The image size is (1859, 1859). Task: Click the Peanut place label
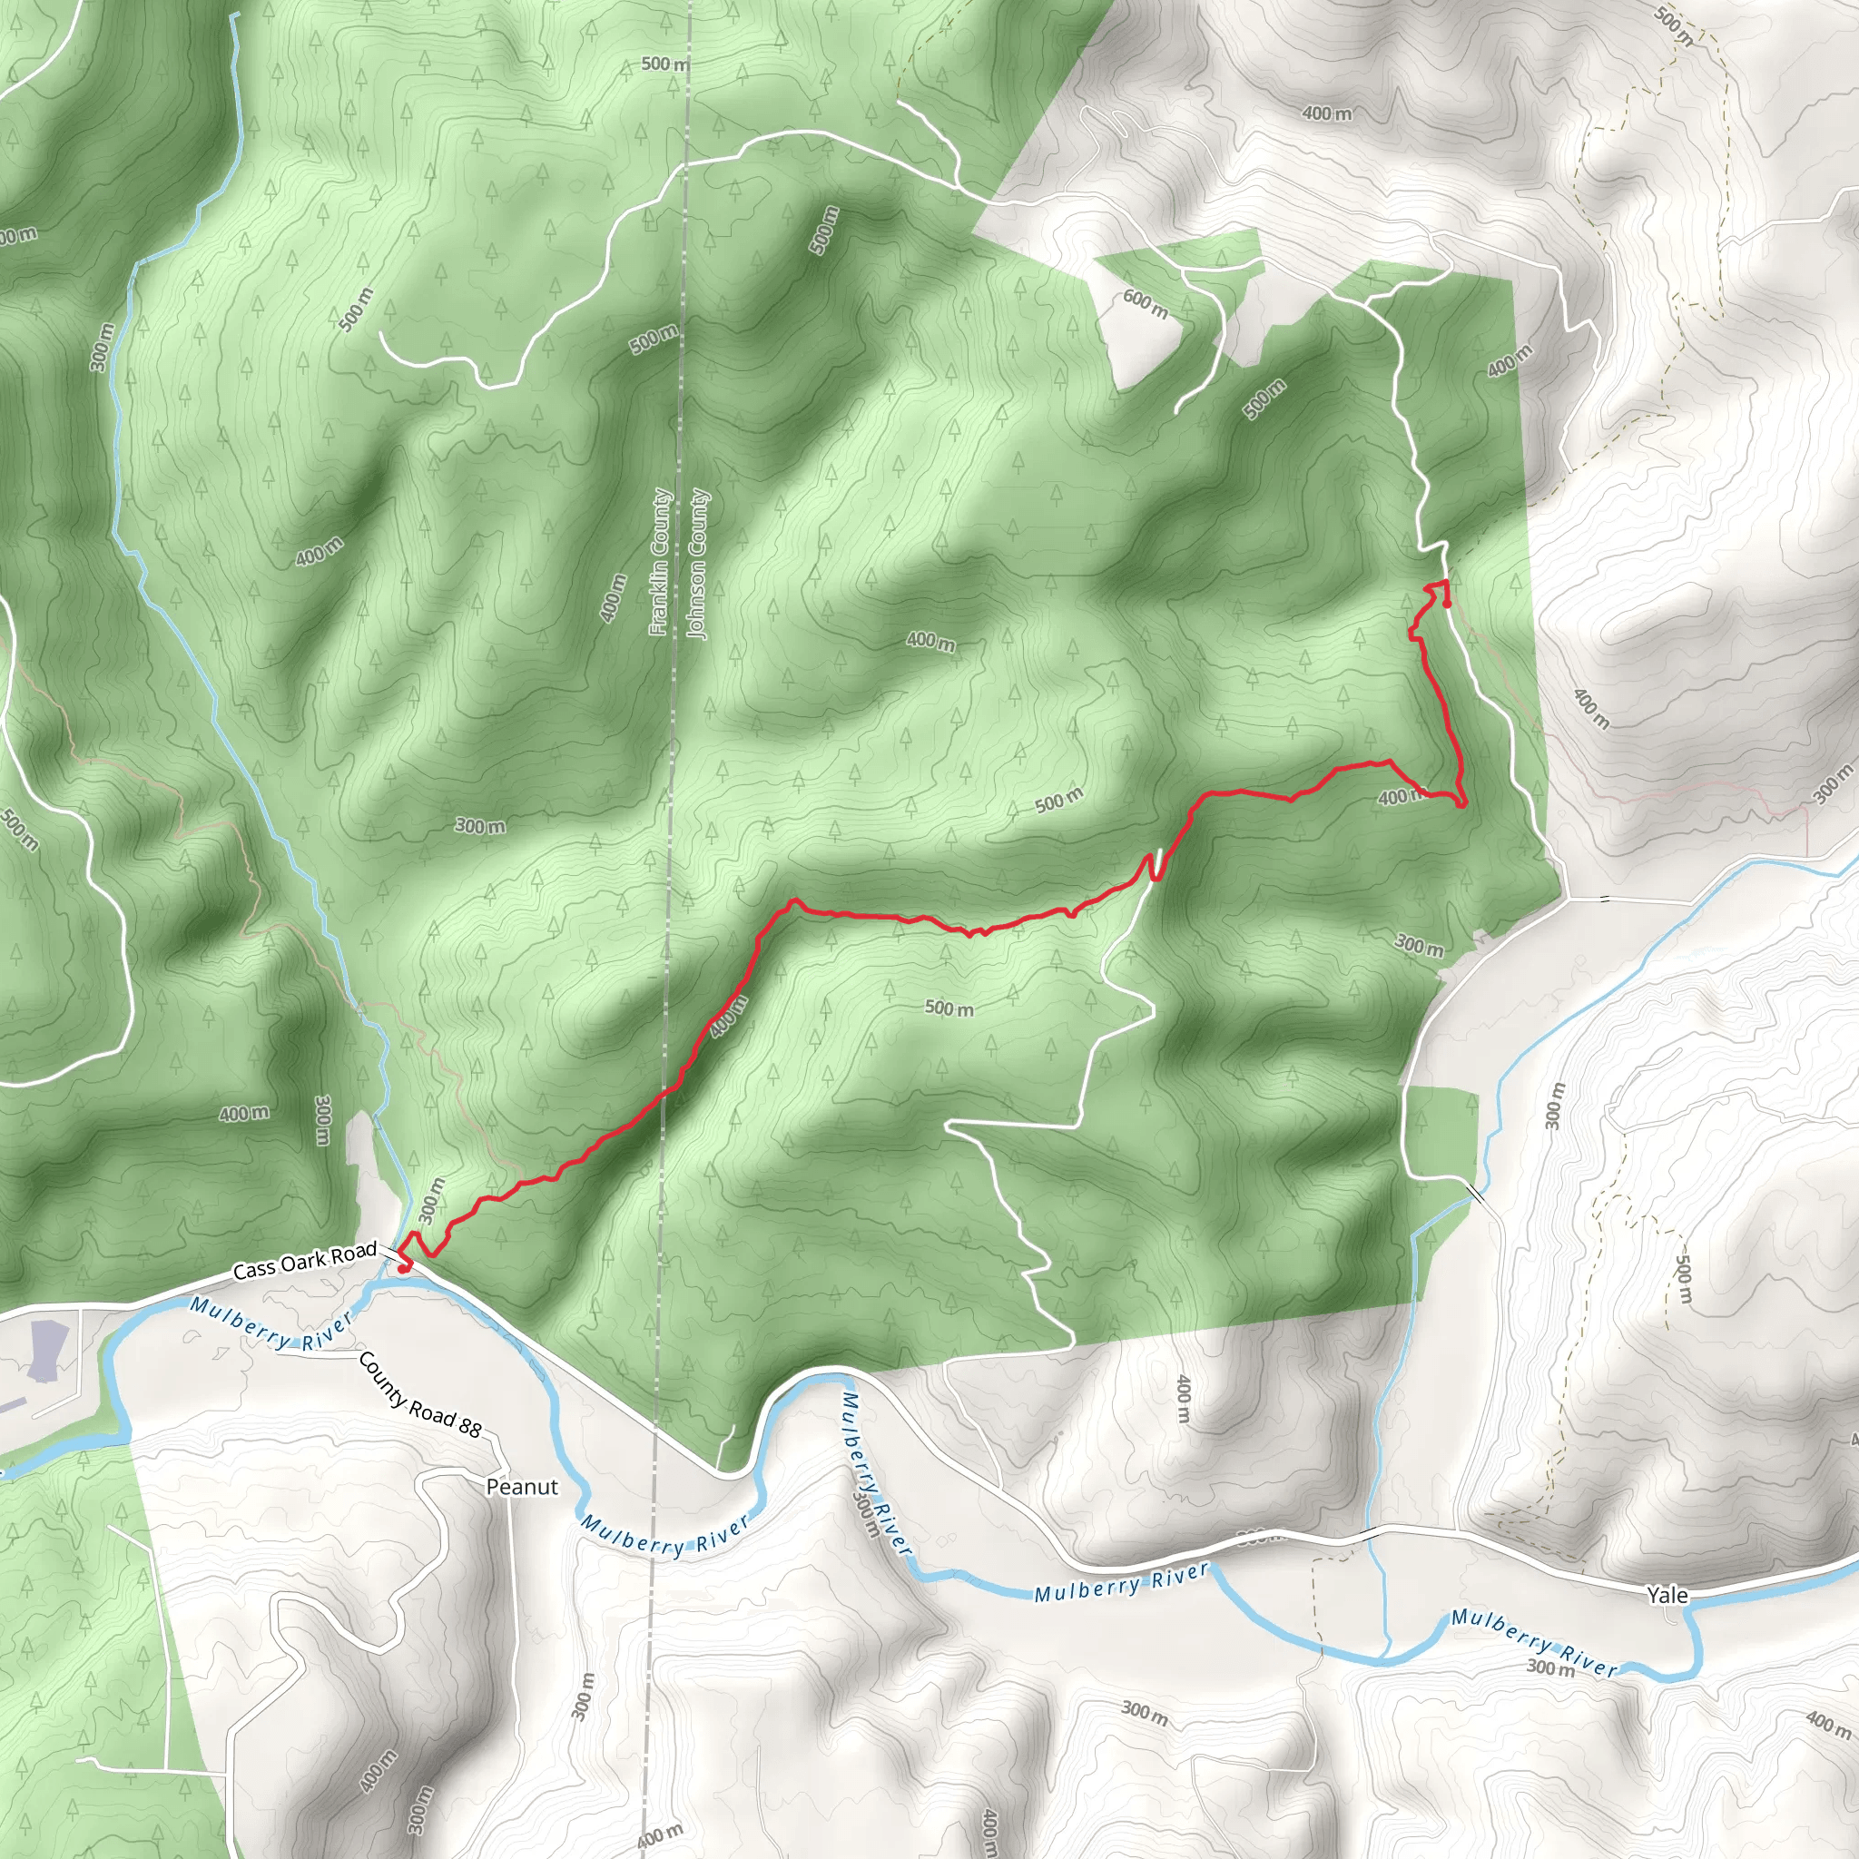point(522,1487)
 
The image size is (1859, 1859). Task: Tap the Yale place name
point(1667,1596)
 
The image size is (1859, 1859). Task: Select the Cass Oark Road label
point(305,1261)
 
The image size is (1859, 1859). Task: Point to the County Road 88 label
point(419,1394)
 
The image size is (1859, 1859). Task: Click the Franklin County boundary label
point(660,562)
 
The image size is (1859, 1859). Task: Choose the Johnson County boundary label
point(698,564)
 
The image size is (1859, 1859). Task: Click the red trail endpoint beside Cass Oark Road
point(403,1268)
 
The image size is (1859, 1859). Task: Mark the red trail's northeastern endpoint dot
point(1447,603)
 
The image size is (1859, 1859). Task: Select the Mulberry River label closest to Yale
point(1534,1641)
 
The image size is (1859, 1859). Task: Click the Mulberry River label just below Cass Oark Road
point(270,1324)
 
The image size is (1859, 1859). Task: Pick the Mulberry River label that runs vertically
point(875,1472)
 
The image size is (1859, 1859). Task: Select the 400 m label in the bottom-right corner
point(1827,1725)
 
